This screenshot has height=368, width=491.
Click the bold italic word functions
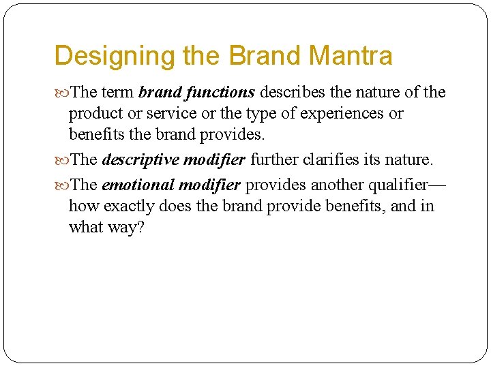tap(218, 92)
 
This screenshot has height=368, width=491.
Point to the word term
tap(119, 92)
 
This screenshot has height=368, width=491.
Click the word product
tap(93, 113)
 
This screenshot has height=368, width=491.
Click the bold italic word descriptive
tap(140, 160)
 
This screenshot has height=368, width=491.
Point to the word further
tap(272, 160)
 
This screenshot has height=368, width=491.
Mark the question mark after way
tap(140, 227)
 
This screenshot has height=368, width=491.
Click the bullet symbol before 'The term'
tap(62, 93)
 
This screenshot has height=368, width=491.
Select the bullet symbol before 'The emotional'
tap(62, 185)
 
